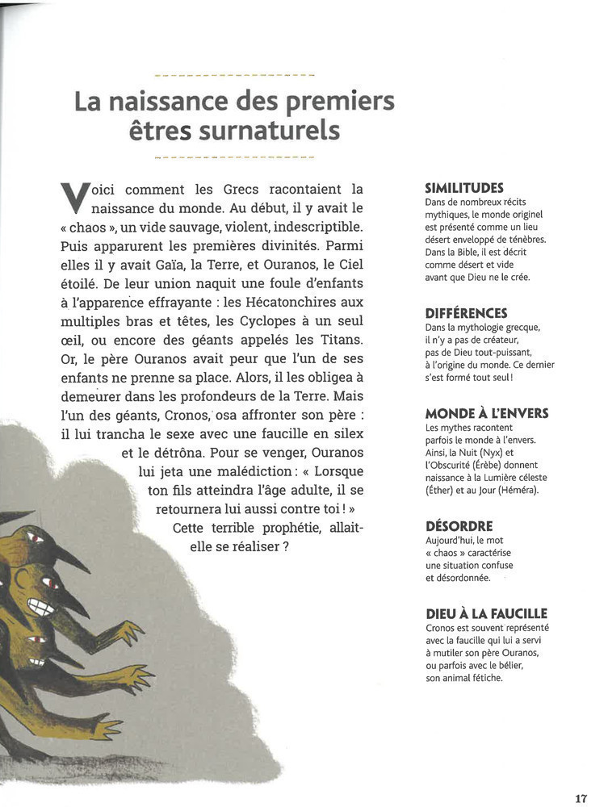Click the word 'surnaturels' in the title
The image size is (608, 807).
(x=275, y=131)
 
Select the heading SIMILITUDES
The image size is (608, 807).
(x=463, y=187)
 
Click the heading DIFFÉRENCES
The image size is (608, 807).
(x=466, y=313)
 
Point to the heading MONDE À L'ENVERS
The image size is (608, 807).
(x=486, y=413)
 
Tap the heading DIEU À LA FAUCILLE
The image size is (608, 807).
(x=486, y=614)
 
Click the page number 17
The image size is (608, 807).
(x=581, y=798)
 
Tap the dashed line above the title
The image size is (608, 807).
(x=233, y=75)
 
